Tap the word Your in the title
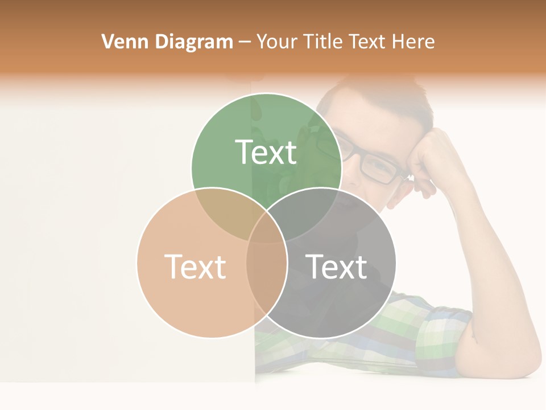pos(276,42)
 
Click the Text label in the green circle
pos(266,152)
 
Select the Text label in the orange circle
pos(195,266)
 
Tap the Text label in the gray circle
pos(337,266)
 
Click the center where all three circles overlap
pos(266,231)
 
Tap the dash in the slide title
pos(245,42)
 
